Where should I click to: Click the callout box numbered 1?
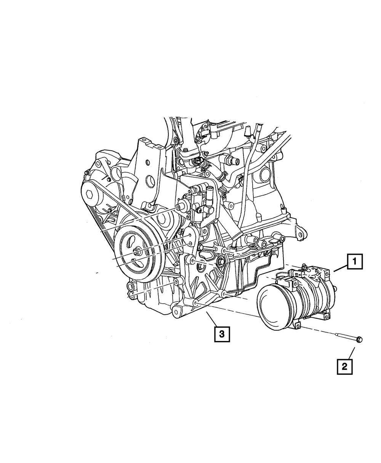click(x=355, y=262)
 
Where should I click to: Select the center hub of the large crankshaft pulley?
click(x=137, y=252)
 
